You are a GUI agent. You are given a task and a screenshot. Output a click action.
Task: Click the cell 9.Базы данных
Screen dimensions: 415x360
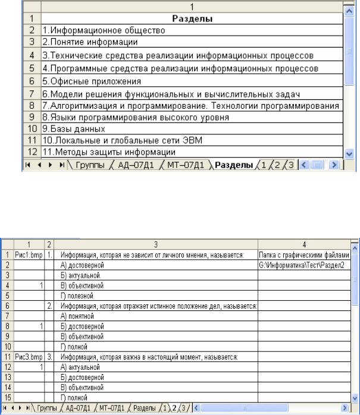65,128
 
